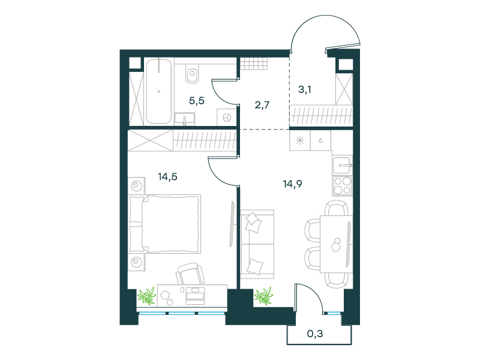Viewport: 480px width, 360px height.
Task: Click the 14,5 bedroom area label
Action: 167,177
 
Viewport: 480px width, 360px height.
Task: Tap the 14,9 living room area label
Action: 292,184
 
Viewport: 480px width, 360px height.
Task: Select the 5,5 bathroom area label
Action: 197,101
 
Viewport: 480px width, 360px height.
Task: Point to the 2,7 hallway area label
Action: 262,106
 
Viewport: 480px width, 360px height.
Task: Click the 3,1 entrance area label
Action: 305,89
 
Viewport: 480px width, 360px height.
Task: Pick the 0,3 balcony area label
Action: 315,334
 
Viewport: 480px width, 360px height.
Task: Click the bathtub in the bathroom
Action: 158,91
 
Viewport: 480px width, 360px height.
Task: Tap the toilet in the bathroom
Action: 192,74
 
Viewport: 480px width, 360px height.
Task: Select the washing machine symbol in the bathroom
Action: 227,117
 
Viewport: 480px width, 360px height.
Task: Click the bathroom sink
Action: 185,119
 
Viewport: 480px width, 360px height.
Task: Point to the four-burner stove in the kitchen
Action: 342,186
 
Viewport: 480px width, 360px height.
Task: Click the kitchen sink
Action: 343,166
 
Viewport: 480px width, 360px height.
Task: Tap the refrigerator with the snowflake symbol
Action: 300,140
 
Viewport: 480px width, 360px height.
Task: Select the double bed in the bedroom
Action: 165,224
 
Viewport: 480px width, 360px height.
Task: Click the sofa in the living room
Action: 257,244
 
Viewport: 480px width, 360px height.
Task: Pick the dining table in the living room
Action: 336,244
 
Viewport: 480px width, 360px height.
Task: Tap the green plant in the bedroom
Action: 147,296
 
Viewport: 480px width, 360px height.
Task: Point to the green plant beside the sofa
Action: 263,296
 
